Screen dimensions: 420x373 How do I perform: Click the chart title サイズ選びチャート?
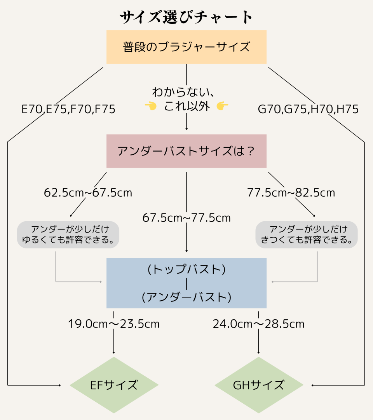pyautogui.click(x=186, y=17)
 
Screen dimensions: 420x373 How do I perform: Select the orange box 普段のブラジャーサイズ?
pyautogui.click(x=186, y=47)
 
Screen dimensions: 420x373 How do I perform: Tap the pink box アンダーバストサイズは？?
pyautogui.click(x=186, y=151)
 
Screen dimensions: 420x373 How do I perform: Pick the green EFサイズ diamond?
pyautogui.click(x=114, y=385)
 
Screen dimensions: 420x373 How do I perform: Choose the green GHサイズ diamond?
pyautogui.click(x=259, y=385)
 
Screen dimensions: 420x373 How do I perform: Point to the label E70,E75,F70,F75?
pyautogui.click(x=68, y=109)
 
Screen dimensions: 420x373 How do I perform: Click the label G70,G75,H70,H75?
pyautogui.click(x=308, y=109)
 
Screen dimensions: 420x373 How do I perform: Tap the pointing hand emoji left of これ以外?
pyautogui.click(x=150, y=106)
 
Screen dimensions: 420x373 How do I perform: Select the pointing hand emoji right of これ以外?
pyautogui.click(x=222, y=106)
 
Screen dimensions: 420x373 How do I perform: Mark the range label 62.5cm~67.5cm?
pyautogui.click(x=88, y=192)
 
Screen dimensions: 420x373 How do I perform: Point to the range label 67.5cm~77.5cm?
pyautogui.click(x=186, y=218)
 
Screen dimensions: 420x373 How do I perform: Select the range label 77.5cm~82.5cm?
pyautogui.click(x=291, y=192)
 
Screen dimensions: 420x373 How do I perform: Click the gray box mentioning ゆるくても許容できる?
pyautogui.click(x=68, y=235)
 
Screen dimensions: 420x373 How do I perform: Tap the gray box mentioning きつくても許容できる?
pyautogui.click(x=307, y=235)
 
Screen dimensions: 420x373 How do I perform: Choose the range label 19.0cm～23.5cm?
pyautogui.click(x=114, y=324)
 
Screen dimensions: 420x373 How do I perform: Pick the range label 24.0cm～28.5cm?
pyautogui.click(x=259, y=324)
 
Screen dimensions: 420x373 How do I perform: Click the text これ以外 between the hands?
pyautogui.click(x=187, y=106)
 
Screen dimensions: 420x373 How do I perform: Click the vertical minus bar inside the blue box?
pyautogui.click(x=187, y=283)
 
